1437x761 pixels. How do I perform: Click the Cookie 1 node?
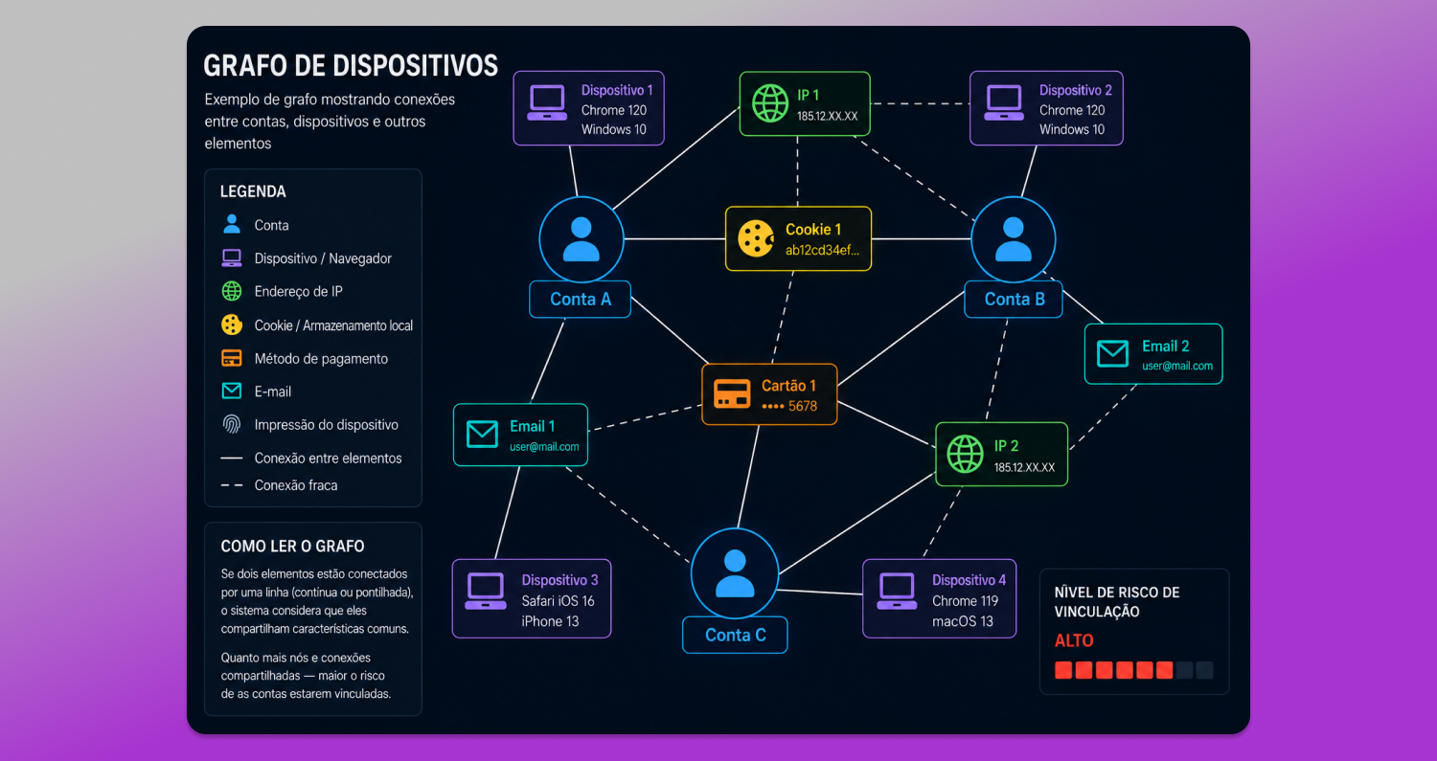pyautogui.click(x=798, y=238)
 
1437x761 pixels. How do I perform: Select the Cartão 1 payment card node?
pyautogui.click(x=769, y=394)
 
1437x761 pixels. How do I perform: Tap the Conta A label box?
pyautogui.click(x=580, y=300)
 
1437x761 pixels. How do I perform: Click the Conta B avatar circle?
pyautogui.click(x=1013, y=239)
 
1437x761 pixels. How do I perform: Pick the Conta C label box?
pyautogui.click(x=735, y=635)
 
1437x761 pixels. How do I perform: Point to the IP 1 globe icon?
pyautogui.click(x=770, y=103)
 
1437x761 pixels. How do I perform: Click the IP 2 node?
pyautogui.click(x=1001, y=454)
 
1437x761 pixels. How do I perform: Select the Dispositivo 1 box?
pyautogui.click(x=588, y=108)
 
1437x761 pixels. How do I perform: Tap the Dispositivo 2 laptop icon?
pyautogui.click(x=1004, y=102)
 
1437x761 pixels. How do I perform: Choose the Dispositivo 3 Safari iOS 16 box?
pyautogui.click(x=531, y=599)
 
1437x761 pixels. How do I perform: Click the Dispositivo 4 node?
pyautogui.click(x=939, y=599)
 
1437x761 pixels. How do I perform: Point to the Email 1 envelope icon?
pyautogui.click(x=482, y=434)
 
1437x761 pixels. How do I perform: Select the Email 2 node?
pyautogui.click(x=1153, y=354)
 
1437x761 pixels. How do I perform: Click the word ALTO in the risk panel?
pyautogui.click(x=1074, y=640)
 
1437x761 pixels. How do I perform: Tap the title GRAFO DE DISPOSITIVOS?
pyautogui.click(x=351, y=65)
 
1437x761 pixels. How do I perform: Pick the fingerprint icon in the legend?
pyautogui.click(x=232, y=424)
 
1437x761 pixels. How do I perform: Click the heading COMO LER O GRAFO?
pyautogui.click(x=292, y=547)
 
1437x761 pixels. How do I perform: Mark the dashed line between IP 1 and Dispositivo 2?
pyautogui.click(x=920, y=103)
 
